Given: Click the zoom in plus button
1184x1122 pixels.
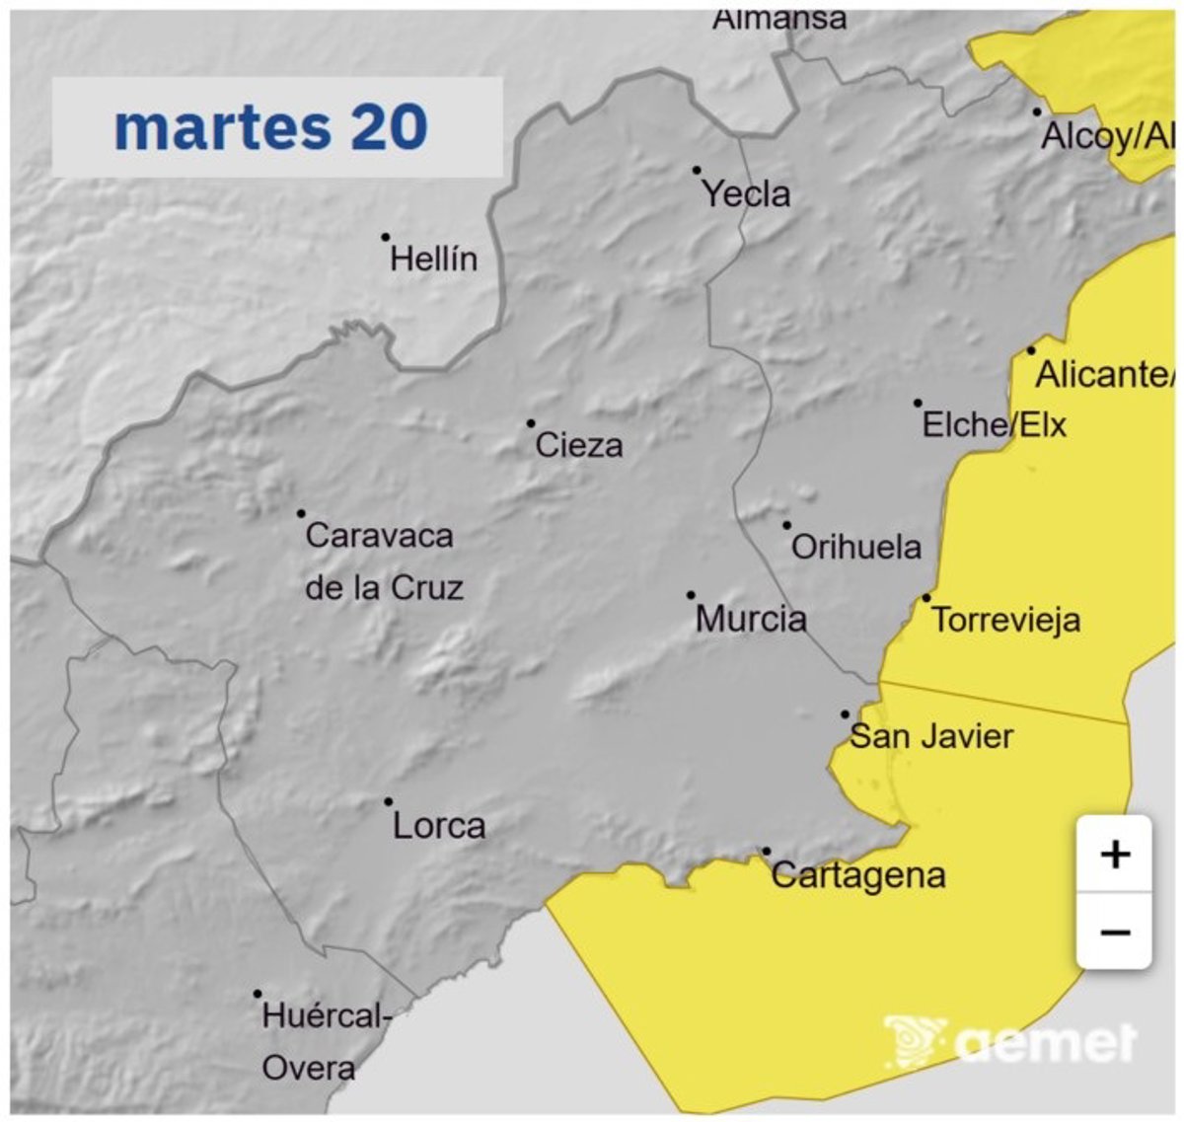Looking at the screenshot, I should (1114, 854).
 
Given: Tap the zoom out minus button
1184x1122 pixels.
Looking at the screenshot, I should (1114, 932).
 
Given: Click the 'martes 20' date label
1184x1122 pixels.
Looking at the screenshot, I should (271, 127).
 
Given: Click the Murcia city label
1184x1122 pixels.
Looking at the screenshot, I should (751, 620).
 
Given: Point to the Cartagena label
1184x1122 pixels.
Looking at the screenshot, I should (858, 875).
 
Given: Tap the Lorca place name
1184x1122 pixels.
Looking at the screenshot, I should (439, 826).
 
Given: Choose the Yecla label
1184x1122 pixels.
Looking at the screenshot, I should (746, 194).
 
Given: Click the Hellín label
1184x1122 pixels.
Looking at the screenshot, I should (433, 260).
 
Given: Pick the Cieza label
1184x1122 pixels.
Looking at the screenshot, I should (579, 446).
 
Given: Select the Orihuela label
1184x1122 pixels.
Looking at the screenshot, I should (856, 547).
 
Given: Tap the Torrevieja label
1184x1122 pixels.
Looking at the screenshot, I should (1005, 621).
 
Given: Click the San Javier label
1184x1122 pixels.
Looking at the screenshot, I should (931, 736).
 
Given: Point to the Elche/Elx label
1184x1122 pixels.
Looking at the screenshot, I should (995, 425).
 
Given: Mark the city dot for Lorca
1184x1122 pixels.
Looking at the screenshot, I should (389, 801).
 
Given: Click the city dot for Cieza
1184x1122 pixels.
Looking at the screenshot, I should (531, 423).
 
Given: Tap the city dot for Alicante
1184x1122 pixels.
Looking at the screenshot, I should (1031, 350).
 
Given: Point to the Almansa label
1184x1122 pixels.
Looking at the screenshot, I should (779, 18).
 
